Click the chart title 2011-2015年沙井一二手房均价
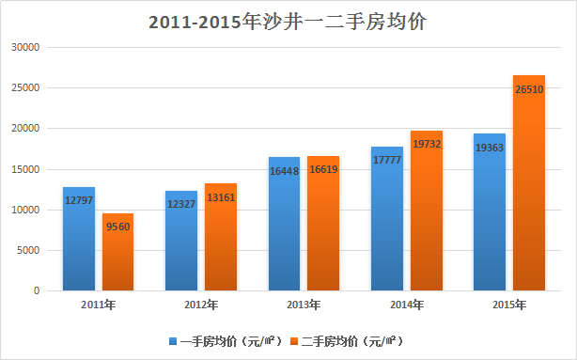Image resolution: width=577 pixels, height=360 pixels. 288,22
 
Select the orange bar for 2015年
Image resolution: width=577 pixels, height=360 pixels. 528,188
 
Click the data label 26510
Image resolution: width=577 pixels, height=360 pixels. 528,89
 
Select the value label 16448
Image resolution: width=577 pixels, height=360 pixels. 284,171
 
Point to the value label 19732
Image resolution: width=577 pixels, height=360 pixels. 426,145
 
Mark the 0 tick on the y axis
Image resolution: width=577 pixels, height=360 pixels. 36,290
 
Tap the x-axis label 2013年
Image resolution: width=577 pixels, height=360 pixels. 304,305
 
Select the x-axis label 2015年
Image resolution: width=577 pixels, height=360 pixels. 508,305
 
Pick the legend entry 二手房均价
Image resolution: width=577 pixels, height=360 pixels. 350,340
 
